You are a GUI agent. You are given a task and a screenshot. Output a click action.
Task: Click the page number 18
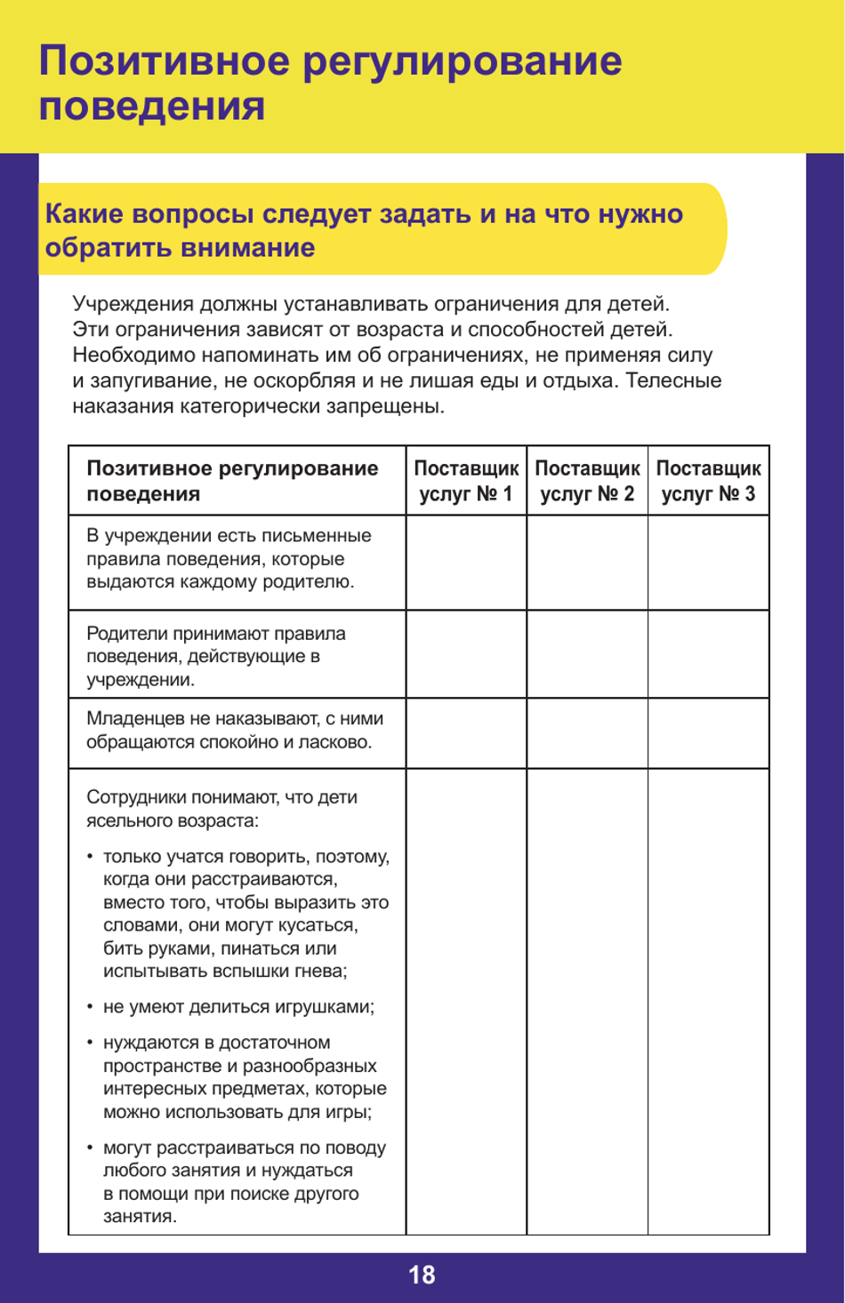point(422,1275)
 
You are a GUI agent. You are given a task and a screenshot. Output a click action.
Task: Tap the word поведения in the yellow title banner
point(151,107)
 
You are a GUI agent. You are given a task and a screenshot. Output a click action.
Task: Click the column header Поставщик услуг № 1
point(466,481)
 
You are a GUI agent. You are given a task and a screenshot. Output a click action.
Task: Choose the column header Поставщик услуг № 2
point(587,481)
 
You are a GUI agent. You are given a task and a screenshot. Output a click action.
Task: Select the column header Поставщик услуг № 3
point(708,481)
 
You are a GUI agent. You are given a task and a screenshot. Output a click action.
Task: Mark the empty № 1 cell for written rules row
point(466,563)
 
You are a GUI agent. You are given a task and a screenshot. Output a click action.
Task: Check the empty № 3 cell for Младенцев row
point(708,732)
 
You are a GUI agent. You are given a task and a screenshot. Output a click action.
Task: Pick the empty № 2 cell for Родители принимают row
point(587,654)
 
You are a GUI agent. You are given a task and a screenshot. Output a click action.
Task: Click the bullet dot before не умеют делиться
point(90,1007)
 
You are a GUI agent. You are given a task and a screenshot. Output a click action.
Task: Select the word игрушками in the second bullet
point(330,1007)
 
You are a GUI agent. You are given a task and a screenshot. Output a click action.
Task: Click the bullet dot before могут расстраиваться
point(90,1147)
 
